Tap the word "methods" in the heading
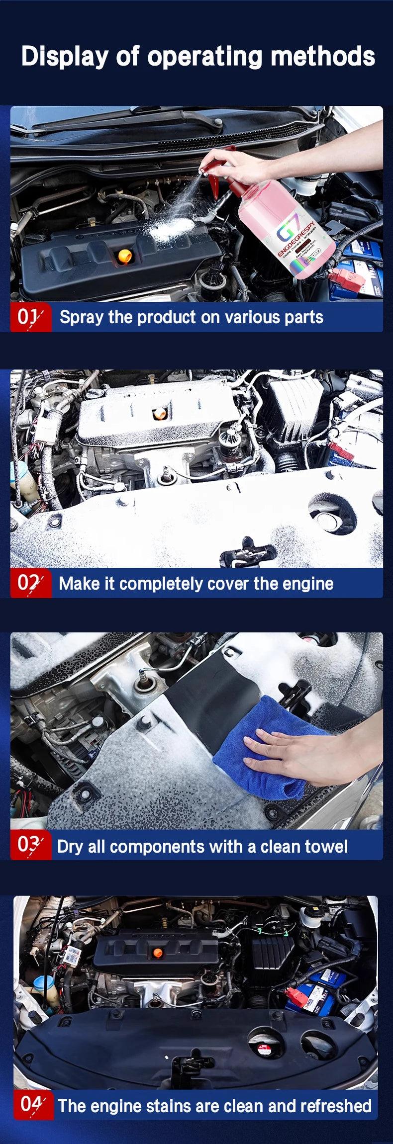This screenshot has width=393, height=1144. coord(322,56)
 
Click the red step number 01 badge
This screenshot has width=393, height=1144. coord(30,317)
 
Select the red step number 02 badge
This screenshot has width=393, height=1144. coord(30,583)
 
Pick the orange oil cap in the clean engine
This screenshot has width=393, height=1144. coord(158,953)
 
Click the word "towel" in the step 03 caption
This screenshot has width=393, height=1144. coord(324,846)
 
